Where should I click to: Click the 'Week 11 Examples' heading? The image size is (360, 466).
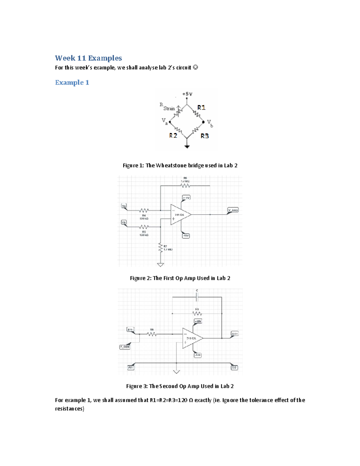[88, 58]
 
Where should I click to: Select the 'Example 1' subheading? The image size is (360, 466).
[72, 83]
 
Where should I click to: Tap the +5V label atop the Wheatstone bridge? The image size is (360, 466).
[187, 94]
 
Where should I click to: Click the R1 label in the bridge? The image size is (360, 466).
[201, 107]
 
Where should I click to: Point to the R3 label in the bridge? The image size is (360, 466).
[205, 136]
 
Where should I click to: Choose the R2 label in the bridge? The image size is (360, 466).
[173, 136]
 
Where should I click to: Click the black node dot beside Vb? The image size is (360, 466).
[204, 122]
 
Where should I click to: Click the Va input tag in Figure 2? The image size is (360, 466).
[124, 206]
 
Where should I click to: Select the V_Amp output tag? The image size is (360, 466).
[233, 210]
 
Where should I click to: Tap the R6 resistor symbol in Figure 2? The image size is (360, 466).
[185, 186]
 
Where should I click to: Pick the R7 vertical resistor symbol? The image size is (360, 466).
[160, 248]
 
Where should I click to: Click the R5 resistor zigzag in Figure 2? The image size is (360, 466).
[144, 227]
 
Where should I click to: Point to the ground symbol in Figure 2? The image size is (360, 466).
[160, 265]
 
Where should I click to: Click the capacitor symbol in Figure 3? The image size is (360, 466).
[197, 297]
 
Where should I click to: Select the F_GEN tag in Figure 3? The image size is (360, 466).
[125, 347]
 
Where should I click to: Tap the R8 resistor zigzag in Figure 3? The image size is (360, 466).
[152, 334]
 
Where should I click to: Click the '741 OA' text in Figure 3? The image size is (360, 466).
[191, 338]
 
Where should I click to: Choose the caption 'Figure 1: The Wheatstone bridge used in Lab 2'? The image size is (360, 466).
[180, 166]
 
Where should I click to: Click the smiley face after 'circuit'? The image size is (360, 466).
[195, 68]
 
